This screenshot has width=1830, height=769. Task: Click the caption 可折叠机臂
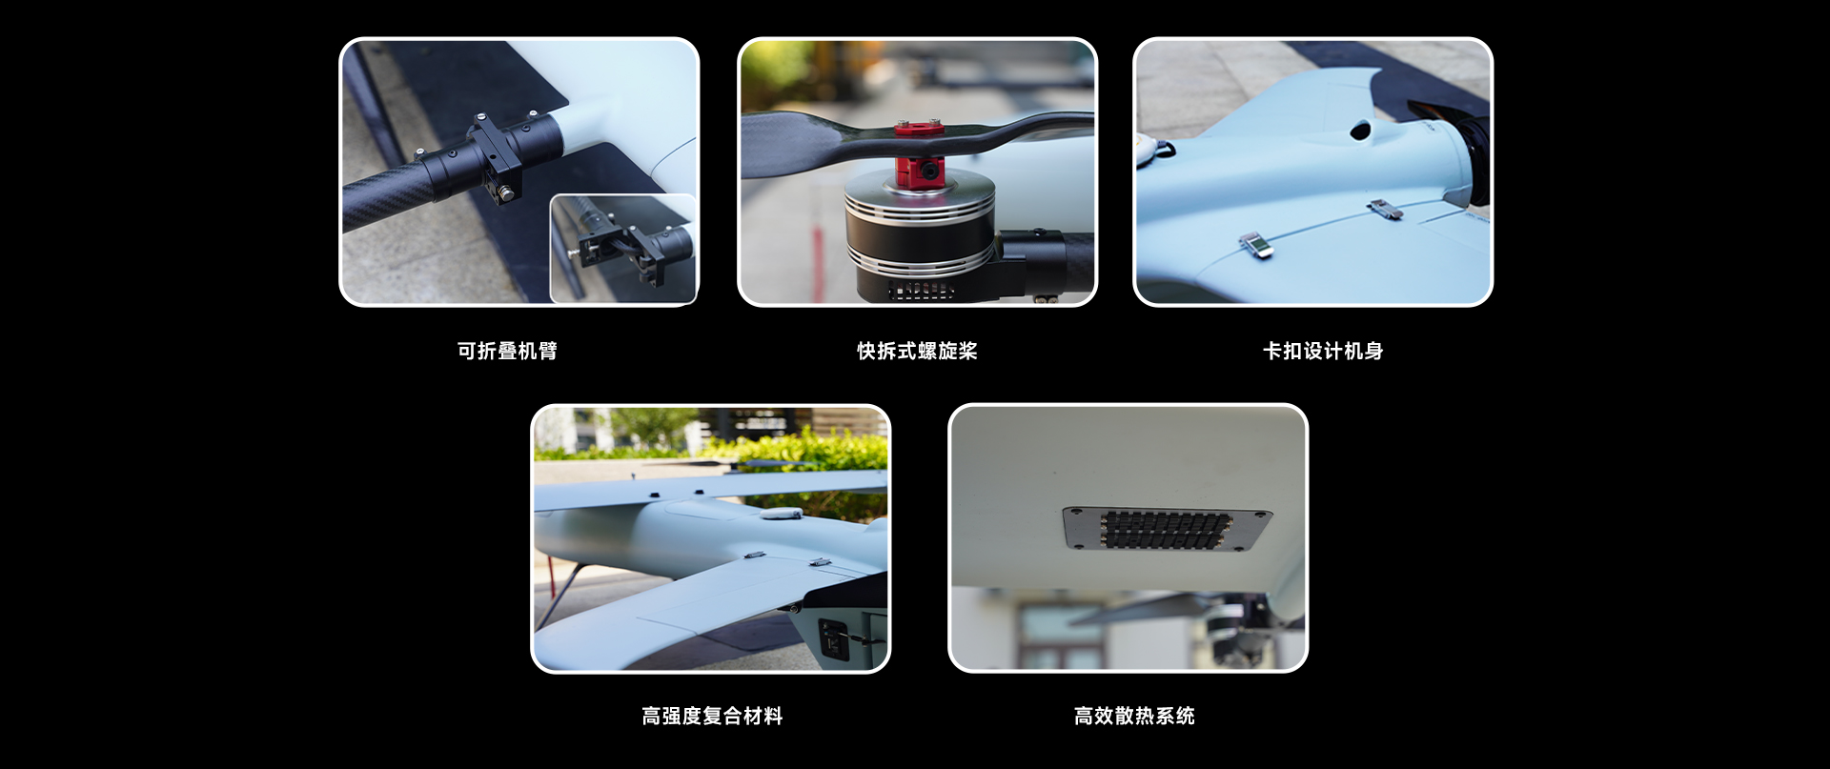coord(507,352)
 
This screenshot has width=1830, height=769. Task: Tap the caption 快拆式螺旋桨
coord(917,352)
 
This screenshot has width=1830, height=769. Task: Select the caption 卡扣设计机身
coord(1323,352)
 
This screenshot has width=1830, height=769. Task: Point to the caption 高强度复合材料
coord(712,717)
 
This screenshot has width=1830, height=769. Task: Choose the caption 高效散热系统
coord(1134,717)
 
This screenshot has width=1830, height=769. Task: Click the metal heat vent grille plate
coord(1167,528)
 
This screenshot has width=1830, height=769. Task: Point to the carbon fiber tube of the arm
coord(381,200)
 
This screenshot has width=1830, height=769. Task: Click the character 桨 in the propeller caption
coord(968,352)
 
